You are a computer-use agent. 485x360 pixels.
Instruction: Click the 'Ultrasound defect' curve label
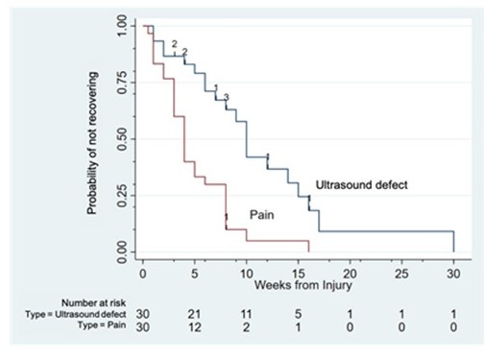362,185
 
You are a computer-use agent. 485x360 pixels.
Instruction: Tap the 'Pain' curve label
262,215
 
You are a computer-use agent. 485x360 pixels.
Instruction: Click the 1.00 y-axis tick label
123,26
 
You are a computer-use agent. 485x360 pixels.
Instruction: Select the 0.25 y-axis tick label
123,196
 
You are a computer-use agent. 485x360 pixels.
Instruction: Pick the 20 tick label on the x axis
350,274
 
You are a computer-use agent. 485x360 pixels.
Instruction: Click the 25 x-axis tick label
401,274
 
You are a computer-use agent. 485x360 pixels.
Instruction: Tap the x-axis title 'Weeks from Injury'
303,285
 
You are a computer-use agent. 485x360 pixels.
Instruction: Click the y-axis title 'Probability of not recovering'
92,143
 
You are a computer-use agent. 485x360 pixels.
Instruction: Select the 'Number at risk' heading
94,302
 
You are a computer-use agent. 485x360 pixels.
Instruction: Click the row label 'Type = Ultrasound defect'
76,314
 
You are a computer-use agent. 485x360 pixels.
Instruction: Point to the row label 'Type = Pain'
102,325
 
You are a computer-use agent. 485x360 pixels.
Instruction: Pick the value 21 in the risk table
194,314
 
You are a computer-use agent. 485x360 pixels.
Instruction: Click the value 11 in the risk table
246,314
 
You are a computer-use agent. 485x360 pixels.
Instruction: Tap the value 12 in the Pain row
194,327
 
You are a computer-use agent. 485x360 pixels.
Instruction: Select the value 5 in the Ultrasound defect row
298,314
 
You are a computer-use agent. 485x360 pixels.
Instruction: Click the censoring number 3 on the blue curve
227,97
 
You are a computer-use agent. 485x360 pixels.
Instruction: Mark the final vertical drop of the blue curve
453,241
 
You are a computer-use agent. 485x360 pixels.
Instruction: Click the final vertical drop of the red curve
308,246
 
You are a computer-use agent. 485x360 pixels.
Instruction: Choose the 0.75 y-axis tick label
123,83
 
